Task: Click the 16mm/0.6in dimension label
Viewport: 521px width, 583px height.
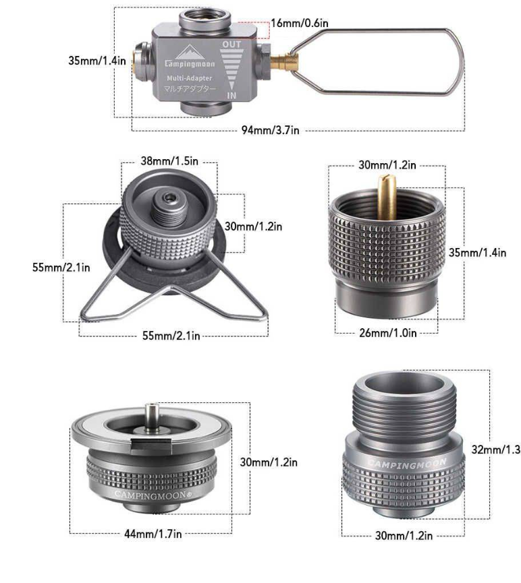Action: tap(300, 23)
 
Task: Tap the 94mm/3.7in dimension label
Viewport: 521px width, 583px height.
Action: tap(271, 130)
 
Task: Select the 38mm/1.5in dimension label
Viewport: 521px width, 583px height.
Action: tap(169, 161)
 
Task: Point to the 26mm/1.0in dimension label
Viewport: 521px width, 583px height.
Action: tap(387, 333)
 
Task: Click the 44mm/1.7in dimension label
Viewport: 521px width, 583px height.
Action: tap(153, 534)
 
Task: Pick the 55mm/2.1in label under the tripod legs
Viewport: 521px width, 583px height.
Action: tap(171, 336)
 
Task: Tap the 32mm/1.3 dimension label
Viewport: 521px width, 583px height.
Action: tap(495, 450)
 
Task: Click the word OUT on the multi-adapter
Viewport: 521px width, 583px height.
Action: tap(231, 44)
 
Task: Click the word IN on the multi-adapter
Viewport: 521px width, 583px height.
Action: tap(231, 96)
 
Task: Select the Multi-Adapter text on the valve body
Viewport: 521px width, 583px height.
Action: tap(189, 78)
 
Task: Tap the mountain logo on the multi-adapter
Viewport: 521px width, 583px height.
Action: tap(190, 52)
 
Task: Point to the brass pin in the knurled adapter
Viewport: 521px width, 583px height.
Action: tap(387, 197)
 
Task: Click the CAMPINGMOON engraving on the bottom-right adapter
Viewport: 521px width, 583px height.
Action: tap(407, 464)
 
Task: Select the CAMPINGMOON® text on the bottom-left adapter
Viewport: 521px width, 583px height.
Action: tap(153, 495)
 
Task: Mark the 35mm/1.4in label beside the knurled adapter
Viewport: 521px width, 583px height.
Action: tap(477, 253)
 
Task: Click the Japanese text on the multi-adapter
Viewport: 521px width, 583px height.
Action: tap(190, 89)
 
